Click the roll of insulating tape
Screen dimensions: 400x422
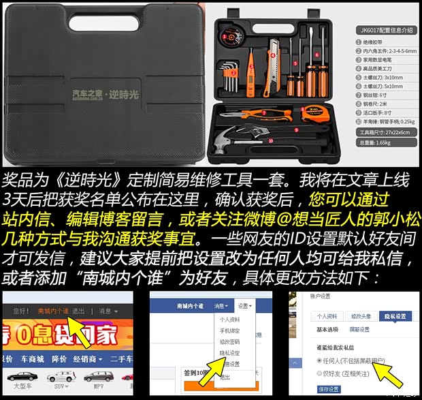click(226, 35)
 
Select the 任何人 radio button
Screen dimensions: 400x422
click(319, 359)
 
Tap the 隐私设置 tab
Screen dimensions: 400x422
click(394, 316)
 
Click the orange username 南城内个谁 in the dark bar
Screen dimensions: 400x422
click(53, 311)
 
